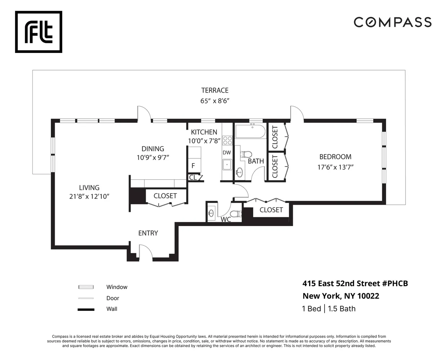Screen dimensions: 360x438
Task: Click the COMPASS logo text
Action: point(392,22)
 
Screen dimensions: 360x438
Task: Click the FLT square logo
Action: point(39,32)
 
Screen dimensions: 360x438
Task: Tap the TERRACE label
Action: point(215,90)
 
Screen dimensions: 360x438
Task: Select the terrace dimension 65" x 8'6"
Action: point(215,101)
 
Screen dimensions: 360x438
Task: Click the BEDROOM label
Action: point(335,157)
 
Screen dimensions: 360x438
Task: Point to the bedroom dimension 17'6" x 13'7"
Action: point(335,167)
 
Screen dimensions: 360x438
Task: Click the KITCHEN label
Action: point(204,132)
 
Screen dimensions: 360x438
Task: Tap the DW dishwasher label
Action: point(227,153)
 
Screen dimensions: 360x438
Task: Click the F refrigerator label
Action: point(193,166)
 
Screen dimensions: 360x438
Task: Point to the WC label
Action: point(226,219)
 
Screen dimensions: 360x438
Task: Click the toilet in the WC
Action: point(236,214)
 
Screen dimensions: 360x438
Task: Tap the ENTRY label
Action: point(148,233)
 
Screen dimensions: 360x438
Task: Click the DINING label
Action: point(153,149)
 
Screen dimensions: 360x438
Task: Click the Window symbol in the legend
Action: point(86,287)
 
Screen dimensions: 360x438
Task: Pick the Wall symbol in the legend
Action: point(86,309)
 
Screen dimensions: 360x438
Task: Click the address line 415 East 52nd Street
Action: point(355,283)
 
